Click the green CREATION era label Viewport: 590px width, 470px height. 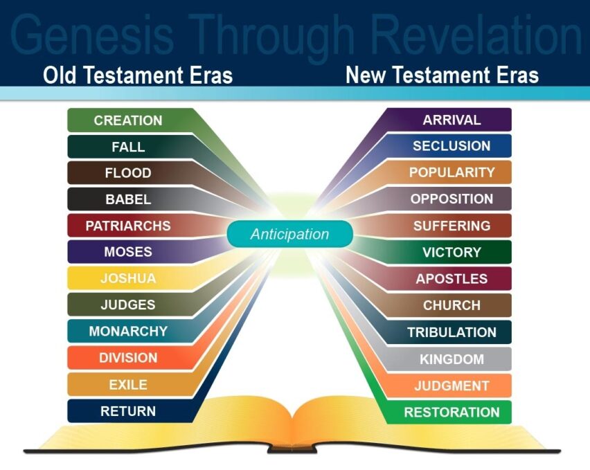click(x=128, y=120)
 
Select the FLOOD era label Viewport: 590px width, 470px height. click(x=128, y=173)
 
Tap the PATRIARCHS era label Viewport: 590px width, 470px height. click(x=128, y=226)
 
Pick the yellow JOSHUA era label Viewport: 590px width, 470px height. click(x=128, y=278)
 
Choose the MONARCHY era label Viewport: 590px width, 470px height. click(x=128, y=332)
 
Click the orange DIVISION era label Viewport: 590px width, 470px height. click(x=128, y=358)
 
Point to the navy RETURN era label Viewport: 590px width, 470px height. click(x=128, y=411)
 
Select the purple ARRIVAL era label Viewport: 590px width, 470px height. click(x=452, y=120)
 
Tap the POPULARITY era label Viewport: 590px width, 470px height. click(x=452, y=172)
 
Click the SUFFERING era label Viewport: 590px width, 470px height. click(x=452, y=226)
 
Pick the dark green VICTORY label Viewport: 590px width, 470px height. click(x=452, y=252)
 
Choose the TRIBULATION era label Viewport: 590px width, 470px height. click(x=452, y=332)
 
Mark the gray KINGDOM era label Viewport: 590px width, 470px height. click(x=452, y=359)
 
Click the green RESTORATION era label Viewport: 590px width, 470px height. click(x=452, y=412)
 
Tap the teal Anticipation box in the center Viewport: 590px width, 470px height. click(x=289, y=234)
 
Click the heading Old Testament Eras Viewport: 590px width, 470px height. click(x=138, y=75)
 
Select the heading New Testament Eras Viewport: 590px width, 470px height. click(x=442, y=75)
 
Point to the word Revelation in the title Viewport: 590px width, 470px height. click(x=476, y=35)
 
